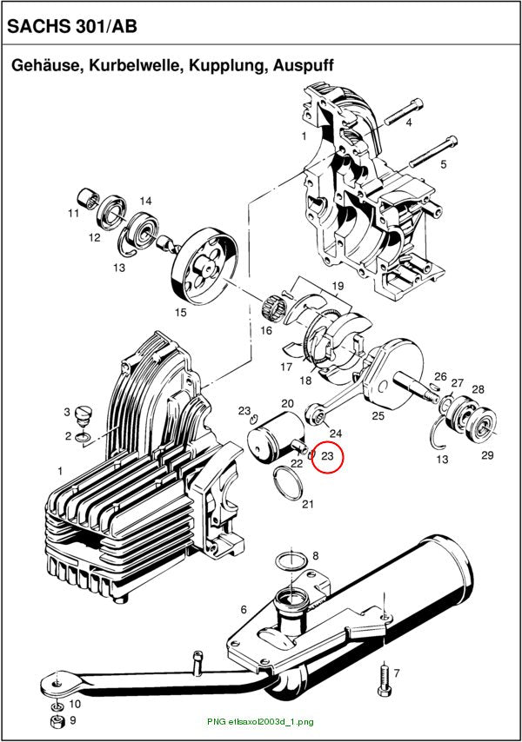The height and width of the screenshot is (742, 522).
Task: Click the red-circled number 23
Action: [x=328, y=456]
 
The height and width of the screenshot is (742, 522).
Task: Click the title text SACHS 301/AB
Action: [x=72, y=26]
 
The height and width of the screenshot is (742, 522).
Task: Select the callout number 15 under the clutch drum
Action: [x=181, y=312]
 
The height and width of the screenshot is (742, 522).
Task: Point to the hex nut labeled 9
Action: [x=57, y=722]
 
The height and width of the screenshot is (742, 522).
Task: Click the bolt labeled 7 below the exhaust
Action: [x=385, y=681]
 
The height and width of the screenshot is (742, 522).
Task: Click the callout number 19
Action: [x=338, y=286]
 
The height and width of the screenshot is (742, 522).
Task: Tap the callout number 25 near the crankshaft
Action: [x=378, y=415]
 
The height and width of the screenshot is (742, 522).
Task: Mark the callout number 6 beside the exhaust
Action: [x=244, y=610]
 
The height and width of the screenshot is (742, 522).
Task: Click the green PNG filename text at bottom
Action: [x=260, y=722]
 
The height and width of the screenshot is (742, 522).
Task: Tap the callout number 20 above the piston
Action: [x=287, y=403]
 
